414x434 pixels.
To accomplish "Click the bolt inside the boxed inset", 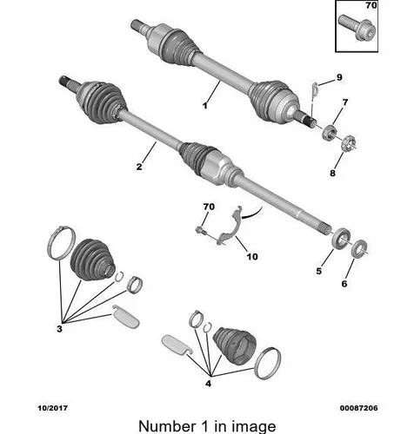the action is tap(357, 28).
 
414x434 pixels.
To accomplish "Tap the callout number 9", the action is tap(339, 77).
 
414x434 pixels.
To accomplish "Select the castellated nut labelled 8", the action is tap(349, 143).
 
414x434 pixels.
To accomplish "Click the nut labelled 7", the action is tap(330, 132).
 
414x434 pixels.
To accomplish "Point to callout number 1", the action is tap(205, 106).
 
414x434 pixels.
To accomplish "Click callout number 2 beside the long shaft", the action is tap(139, 167).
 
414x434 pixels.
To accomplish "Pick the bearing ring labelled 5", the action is tap(341, 238).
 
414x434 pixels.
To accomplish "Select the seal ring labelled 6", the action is tap(359, 248).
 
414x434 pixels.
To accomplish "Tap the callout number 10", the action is tap(252, 257).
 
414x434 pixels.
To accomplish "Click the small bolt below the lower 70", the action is tap(202, 231).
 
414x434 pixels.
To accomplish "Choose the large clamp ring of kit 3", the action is tap(62, 241).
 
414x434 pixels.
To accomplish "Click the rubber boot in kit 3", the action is tap(92, 260).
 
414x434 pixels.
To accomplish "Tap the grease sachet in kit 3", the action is tap(126, 316).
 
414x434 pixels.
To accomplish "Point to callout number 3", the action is tap(59, 329).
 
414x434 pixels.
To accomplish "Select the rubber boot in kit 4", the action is tap(235, 345).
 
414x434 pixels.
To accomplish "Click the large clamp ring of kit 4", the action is tap(267, 364).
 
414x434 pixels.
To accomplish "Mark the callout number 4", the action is tap(208, 384).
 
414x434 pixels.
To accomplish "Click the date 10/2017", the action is tap(52, 408).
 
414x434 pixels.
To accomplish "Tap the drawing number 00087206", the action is tap(358, 408).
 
